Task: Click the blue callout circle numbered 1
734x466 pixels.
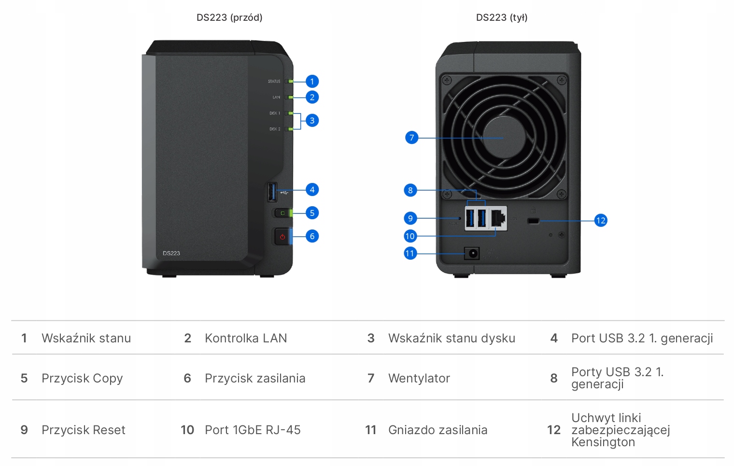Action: coord(312,81)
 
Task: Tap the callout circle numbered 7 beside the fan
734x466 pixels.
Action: coord(411,138)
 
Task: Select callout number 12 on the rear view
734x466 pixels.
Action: coord(600,221)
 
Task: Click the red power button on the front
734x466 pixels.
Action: coord(282,237)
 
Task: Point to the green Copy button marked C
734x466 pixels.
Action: coord(282,213)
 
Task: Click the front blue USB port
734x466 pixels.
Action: coord(272,192)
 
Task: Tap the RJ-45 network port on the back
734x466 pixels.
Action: coord(498,218)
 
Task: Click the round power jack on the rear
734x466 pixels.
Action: coord(472,254)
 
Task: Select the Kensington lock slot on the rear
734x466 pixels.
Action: coord(533,221)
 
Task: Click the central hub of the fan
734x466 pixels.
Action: coord(504,138)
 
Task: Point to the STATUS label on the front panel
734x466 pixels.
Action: coord(274,82)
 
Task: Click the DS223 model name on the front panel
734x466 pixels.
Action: coord(171,253)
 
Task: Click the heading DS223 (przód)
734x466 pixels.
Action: coord(229,18)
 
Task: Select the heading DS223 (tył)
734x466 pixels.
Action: coord(502,18)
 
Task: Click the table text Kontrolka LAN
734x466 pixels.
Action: coord(246,338)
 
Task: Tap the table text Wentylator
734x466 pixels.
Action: coord(419,378)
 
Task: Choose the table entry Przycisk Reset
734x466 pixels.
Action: coord(84,430)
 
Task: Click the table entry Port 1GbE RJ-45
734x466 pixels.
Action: coord(253,430)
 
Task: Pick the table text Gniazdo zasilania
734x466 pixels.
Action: coord(438,430)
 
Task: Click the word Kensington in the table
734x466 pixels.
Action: coord(603,442)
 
